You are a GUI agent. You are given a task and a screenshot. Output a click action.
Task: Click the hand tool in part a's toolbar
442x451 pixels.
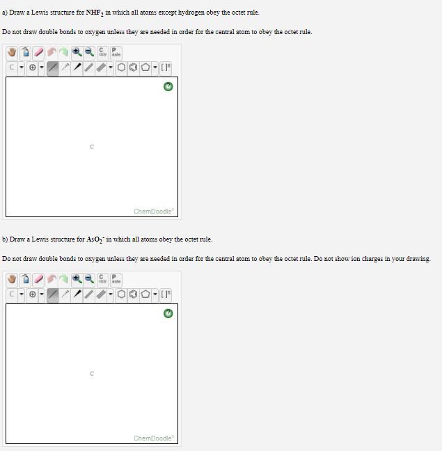12,53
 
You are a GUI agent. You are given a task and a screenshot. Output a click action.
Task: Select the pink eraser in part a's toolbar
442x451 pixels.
38,53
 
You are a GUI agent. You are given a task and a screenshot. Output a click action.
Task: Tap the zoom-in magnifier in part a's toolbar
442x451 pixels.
77,52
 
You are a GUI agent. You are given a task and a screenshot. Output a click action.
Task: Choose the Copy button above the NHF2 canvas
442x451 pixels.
102,53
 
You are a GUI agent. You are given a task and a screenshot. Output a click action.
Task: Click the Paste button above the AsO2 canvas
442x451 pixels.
116,280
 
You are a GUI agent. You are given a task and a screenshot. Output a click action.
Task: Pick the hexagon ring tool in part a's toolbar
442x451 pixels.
121,68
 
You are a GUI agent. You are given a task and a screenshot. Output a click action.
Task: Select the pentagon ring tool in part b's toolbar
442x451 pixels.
145,294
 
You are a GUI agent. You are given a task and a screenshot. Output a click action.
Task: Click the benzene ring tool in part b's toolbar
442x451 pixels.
134,294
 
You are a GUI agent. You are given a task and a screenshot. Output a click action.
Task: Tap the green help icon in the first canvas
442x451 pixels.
168,86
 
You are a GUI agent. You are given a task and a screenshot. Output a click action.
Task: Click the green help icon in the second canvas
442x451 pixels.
168,313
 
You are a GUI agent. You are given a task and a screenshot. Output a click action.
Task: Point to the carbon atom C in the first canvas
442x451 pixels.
92,147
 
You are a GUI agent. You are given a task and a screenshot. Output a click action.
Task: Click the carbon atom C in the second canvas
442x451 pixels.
92,374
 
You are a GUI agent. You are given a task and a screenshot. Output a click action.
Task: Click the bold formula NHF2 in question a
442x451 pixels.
95,13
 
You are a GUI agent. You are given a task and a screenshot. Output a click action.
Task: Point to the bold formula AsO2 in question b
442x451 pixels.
95,239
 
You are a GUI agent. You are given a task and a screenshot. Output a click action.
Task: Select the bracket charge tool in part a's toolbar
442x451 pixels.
166,68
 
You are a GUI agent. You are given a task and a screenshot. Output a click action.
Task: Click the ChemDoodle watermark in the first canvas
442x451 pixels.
154,212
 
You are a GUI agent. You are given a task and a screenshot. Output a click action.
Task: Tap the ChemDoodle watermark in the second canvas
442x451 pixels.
154,438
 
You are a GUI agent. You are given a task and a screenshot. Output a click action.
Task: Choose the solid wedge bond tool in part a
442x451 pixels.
77,68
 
